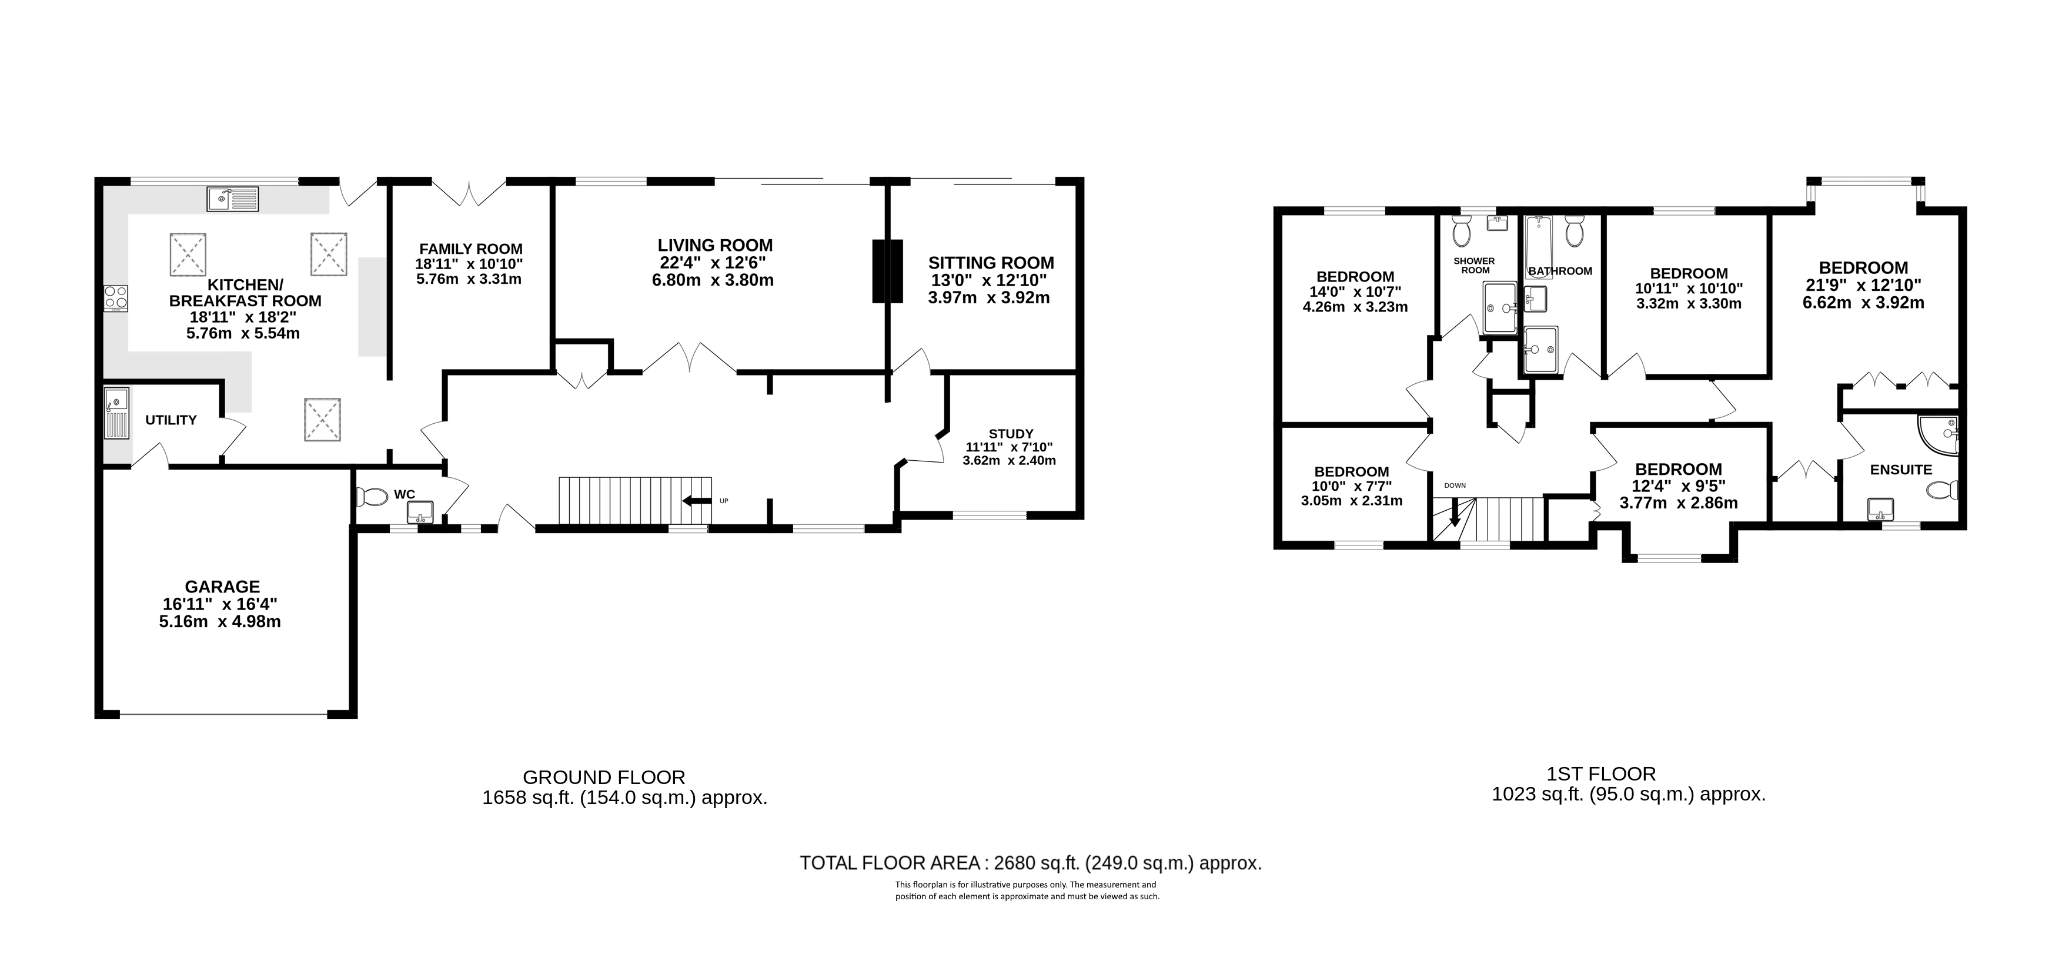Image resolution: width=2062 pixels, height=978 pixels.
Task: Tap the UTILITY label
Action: click(171, 420)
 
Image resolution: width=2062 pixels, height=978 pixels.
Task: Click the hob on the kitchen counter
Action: click(115, 299)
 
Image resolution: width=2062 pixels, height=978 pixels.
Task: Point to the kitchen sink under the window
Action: click(233, 199)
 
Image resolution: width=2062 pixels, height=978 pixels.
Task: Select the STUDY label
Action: click(1011, 434)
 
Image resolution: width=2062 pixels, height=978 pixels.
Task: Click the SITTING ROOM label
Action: click(991, 263)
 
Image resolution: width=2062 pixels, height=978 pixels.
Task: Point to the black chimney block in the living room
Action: click(887, 272)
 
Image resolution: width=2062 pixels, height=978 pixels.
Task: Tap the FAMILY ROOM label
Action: click(471, 249)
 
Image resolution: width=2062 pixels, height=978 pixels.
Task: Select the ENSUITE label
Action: click(1901, 470)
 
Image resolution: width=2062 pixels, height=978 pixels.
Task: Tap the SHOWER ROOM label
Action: click(1475, 266)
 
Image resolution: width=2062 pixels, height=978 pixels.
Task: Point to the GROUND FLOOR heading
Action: click(604, 777)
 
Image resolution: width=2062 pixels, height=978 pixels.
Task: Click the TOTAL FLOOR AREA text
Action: click(890, 863)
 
